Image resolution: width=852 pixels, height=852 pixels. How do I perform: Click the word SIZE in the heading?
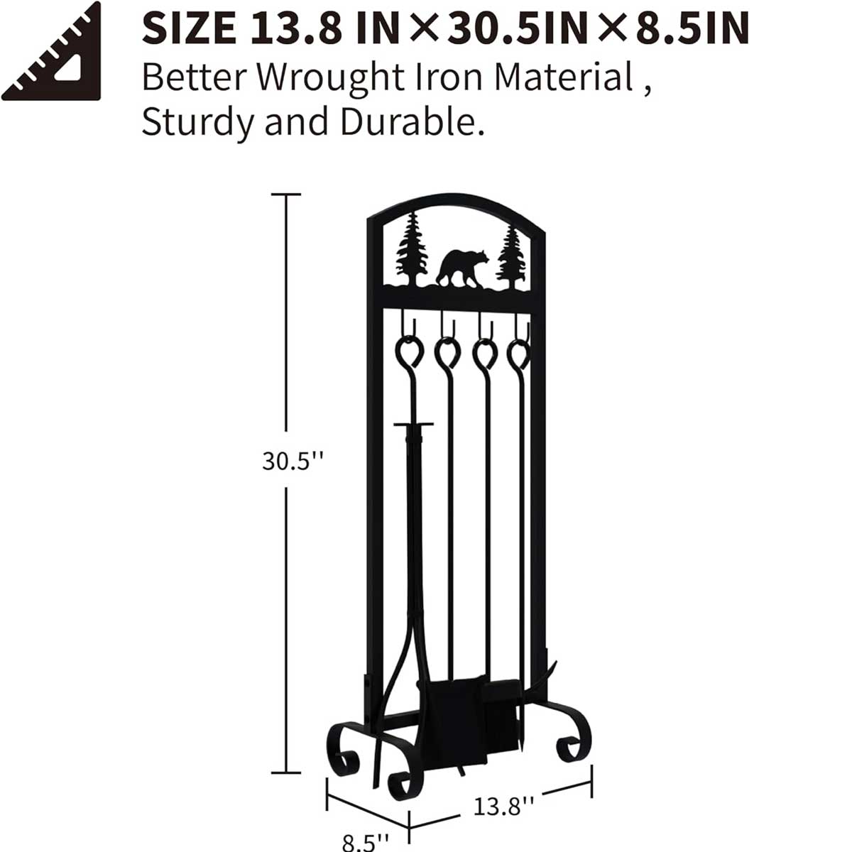pyautogui.click(x=190, y=28)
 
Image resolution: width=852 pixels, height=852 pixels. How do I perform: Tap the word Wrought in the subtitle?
pyautogui.click(x=331, y=79)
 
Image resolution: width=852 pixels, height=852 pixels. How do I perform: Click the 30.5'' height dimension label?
pyautogui.click(x=293, y=461)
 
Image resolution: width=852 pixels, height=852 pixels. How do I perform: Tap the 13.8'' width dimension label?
pyautogui.click(x=503, y=806)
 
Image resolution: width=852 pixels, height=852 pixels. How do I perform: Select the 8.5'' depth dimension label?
pyautogui.click(x=365, y=841)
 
